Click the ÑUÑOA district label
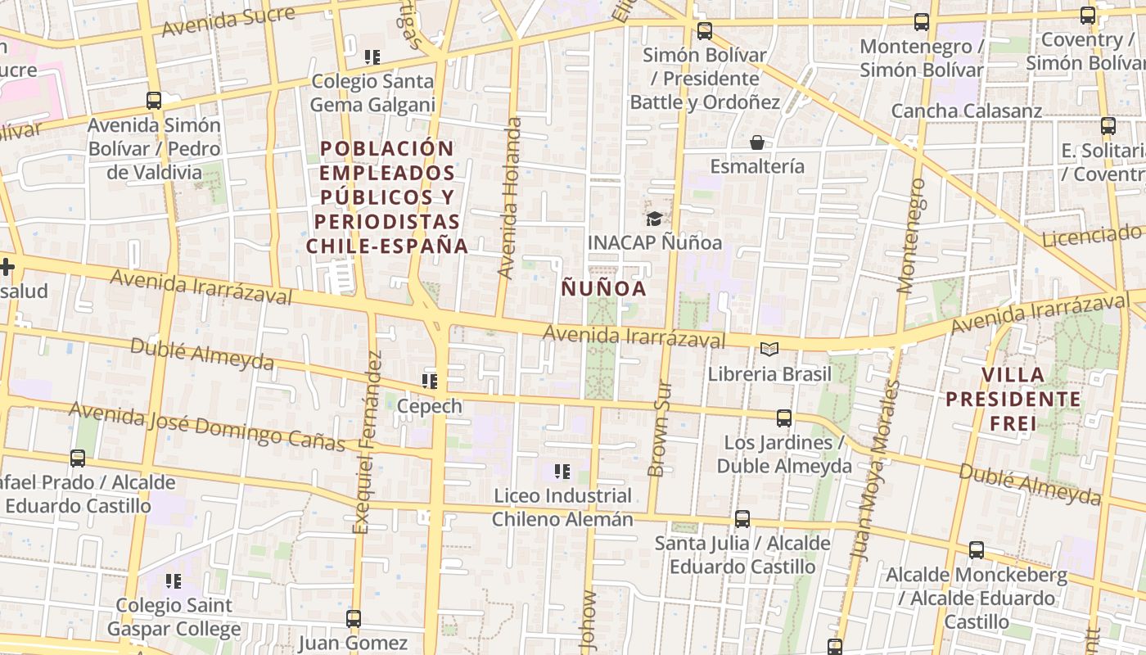pyautogui.click(x=603, y=288)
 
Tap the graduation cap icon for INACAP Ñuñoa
pyautogui.click(x=654, y=219)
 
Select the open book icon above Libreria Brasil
pyautogui.click(x=769, y=350)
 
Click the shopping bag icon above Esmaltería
pyautogui.click(x=757, y=142)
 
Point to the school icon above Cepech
pyautogui.click(x=430, y=381)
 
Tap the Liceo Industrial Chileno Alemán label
pyautogui.click(x=563, y=508)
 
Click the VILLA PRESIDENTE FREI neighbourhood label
pyautogui.click(x=1013, y=400)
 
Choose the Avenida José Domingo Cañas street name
pyautogui.click(x=206, y=426)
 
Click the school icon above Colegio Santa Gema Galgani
pyautogui.click(x=372, y=57)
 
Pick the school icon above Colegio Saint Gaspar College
pyautogui.click(x=173, y=581)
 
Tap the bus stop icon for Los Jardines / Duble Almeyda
pyautogui.click(x=783, y=418)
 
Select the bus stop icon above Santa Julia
pyautogui.click(x=742, y=519)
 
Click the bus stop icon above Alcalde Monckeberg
pyautogui.click(x=976, y=550)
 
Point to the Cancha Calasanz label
pyautogui.click(x=966, y=111)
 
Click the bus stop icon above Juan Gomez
pyautogui.click(x=353, y=619)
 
